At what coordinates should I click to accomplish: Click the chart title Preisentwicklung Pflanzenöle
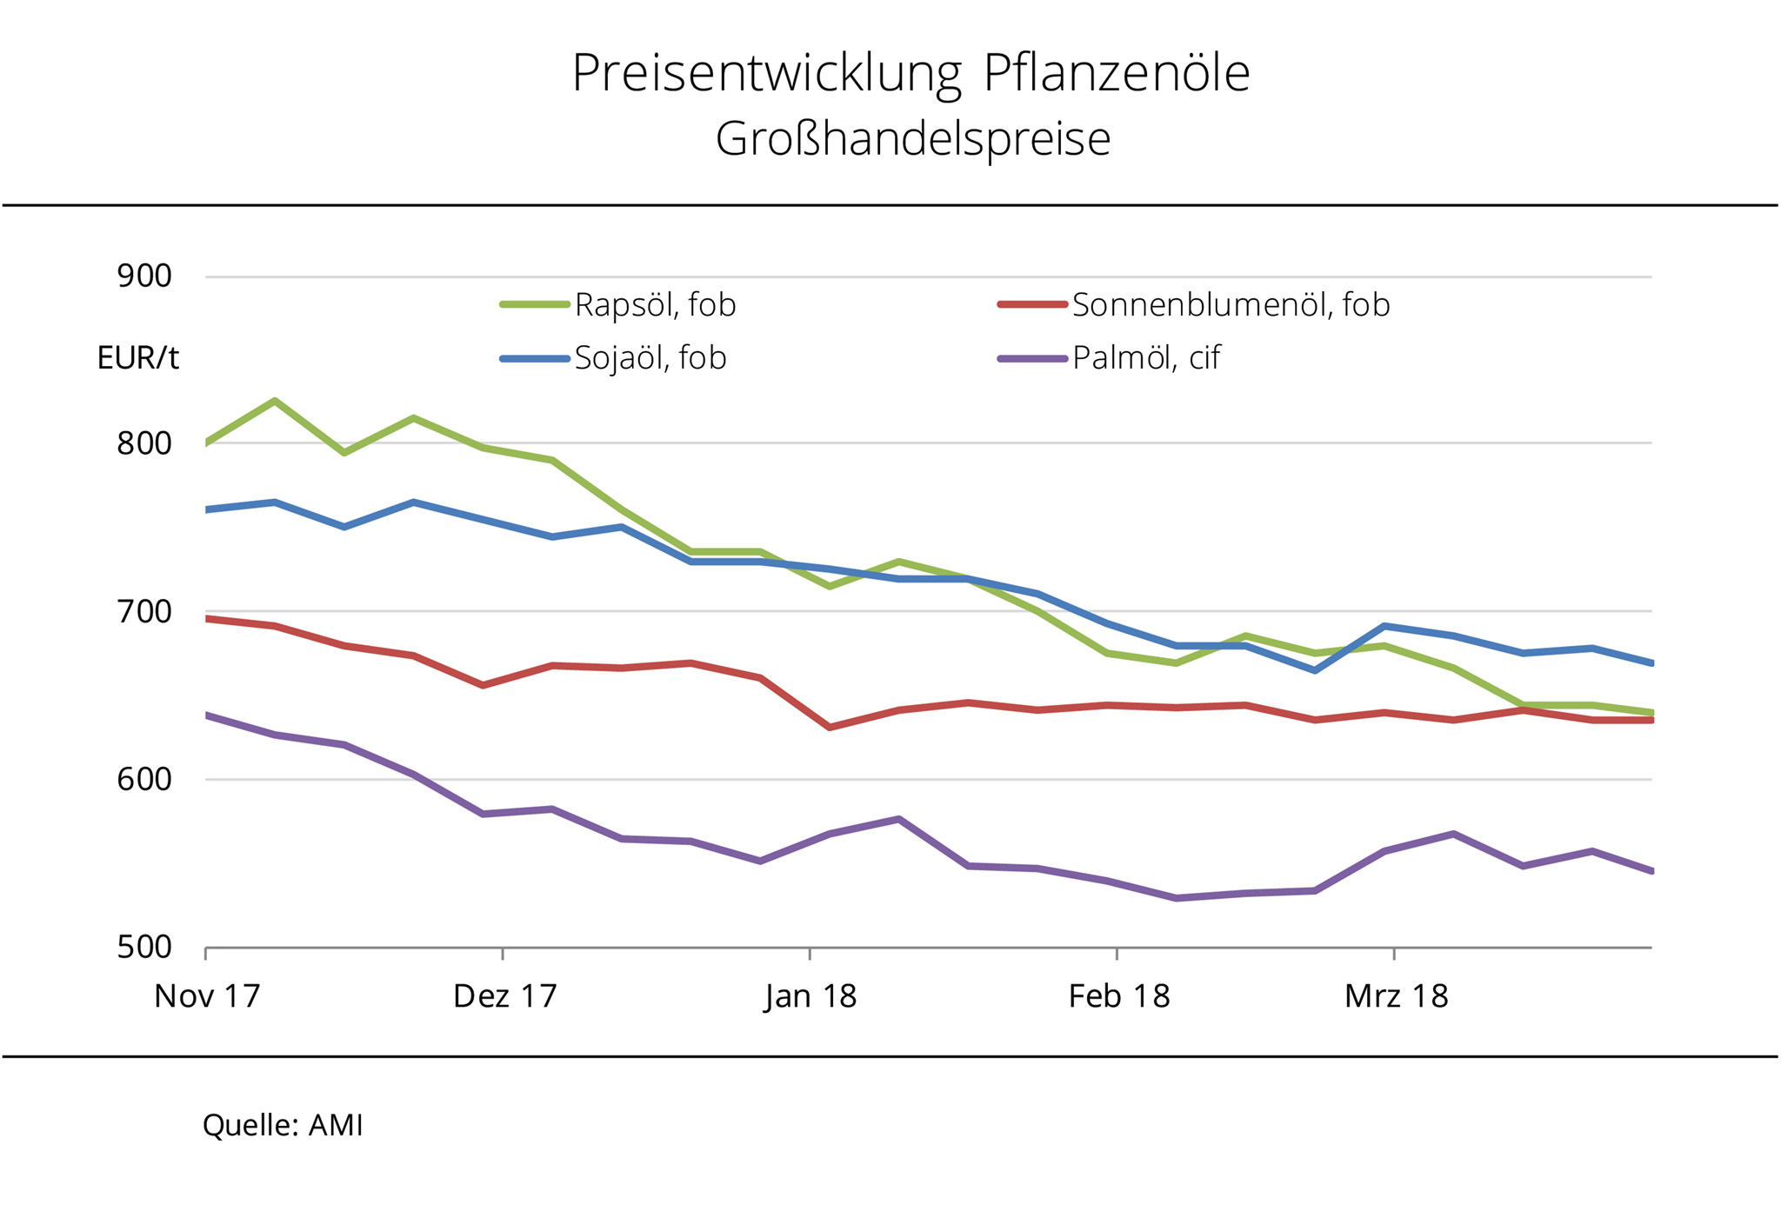911,73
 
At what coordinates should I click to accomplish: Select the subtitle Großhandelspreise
912,139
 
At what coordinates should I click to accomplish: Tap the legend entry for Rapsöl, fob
654,305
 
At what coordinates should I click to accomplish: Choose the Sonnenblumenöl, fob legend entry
1230,305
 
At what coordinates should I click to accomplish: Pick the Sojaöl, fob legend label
650,358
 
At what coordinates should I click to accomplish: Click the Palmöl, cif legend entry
1145,358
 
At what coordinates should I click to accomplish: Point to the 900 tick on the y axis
144,276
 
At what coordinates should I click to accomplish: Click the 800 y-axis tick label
144,443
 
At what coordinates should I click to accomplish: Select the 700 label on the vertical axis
144,611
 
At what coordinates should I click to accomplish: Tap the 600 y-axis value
144,779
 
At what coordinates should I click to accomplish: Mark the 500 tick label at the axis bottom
144,947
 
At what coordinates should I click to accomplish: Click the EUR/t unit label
137,358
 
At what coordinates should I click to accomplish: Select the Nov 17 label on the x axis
207,996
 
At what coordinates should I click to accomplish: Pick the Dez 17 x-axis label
504,996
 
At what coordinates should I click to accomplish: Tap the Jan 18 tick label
810,996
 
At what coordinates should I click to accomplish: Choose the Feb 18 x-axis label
1118,996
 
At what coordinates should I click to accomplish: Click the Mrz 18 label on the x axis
1396,996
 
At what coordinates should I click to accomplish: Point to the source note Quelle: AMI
283,1126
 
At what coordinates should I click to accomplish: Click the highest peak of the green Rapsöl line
275,401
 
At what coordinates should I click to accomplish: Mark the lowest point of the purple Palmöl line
1176,898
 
